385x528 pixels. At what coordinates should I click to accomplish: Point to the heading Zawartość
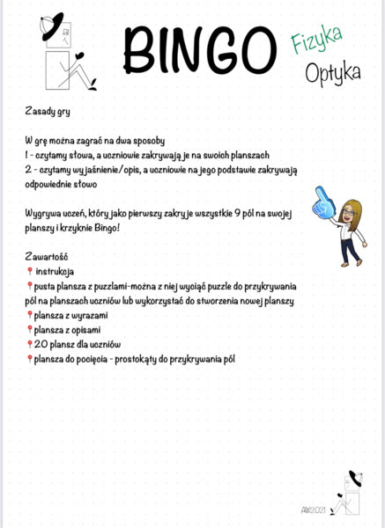[49, 256]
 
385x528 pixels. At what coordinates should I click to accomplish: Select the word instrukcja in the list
[56, 271]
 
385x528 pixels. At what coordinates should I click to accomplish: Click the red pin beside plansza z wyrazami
[29, 314]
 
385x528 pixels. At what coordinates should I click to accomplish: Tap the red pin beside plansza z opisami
[29, 328]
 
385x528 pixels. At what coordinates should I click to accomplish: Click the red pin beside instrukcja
[29, 271]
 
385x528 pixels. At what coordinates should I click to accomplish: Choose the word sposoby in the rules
[166, 142]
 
